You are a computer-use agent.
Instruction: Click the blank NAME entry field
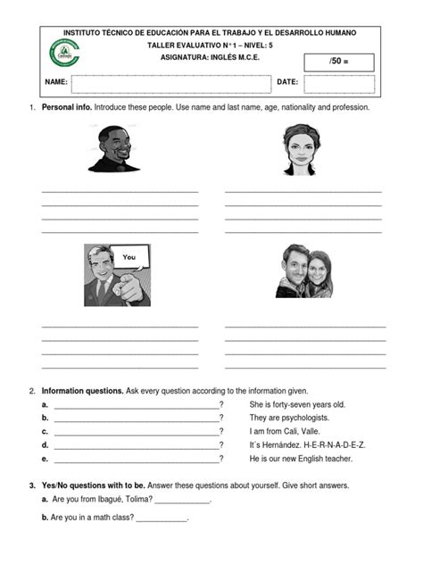pyautogui.click(x=170, y=83)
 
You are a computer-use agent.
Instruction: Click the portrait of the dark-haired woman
pyautogui.click(x=301, y=148)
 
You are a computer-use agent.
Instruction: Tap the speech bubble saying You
pyautogui.click(x=129, y=257)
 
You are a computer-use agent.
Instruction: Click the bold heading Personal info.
pyautogui.click(x=66, y=107)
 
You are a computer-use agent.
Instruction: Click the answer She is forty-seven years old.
pyautogui.click(x=297, y=404)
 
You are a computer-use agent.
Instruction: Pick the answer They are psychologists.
pyautogui.click(x=289, y=418)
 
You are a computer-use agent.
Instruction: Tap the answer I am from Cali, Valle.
pyautogui.click(x=288, y=431)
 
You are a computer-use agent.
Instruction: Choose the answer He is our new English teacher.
pyautogui.click(x=301, y=459)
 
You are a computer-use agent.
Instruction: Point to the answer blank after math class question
pyautogui.click(x=162, y=518)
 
